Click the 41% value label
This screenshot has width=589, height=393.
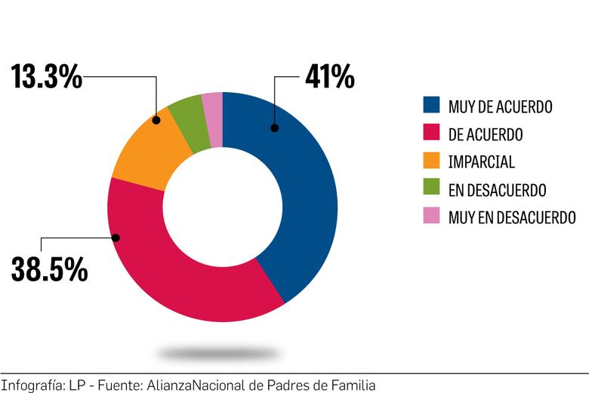[329, 76]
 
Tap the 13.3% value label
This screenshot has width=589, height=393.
[47, 76]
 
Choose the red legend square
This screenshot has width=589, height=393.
[431, 134]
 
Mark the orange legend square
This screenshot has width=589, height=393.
[431, 161]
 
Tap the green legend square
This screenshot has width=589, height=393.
[431, 189]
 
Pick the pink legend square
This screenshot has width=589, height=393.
[431, 217]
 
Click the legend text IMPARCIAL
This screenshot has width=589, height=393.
[481, 162]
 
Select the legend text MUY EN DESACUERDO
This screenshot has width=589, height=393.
[512, 218]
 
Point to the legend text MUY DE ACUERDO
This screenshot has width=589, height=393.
[500, 107]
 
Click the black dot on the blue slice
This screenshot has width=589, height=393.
[275, 128]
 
